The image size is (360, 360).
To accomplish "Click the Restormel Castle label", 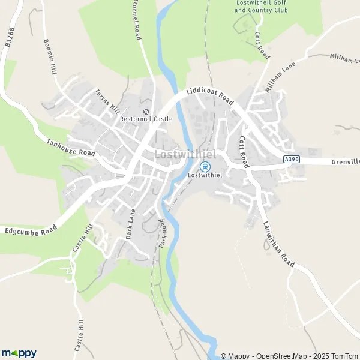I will pos(146,119).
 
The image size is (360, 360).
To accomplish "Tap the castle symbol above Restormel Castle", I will pos(146,111).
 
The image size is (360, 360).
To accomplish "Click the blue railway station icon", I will pos(205,166).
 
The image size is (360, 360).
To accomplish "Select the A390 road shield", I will pos(291,159).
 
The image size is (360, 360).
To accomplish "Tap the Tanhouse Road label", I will pos(71,148).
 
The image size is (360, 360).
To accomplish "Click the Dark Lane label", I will pos(131,224).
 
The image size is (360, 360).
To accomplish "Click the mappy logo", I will pos(19,353).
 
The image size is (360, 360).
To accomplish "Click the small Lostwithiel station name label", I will pos(205,176).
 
